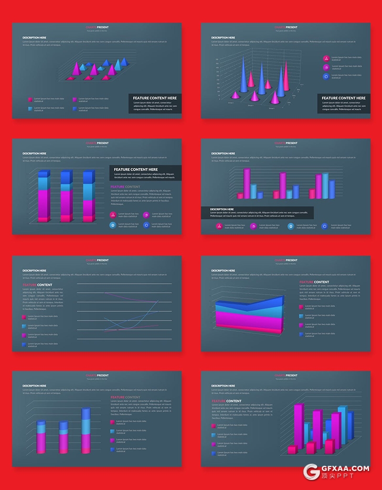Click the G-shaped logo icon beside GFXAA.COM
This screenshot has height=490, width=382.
[x=312, y=472]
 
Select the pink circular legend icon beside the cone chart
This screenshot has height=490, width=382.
[x=326, y=58]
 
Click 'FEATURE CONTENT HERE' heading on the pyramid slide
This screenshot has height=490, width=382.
[x=155, y=98]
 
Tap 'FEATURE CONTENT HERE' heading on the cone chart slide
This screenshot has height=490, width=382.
[x=343, y=98]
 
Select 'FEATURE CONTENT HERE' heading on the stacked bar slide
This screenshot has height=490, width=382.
[x=136, y=170]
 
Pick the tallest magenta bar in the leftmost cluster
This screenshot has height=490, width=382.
[x=247, y=183]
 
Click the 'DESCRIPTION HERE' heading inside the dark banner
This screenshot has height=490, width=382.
[x=222, y=209]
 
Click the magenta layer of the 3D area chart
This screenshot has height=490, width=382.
[x=248, y=317]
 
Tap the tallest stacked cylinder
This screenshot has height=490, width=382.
[x=86, y=430]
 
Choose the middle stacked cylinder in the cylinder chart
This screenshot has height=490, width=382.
[x=64, y=437]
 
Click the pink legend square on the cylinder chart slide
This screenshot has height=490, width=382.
[x=113, y=422]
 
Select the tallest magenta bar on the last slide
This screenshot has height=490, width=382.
[x=298, y=425]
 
